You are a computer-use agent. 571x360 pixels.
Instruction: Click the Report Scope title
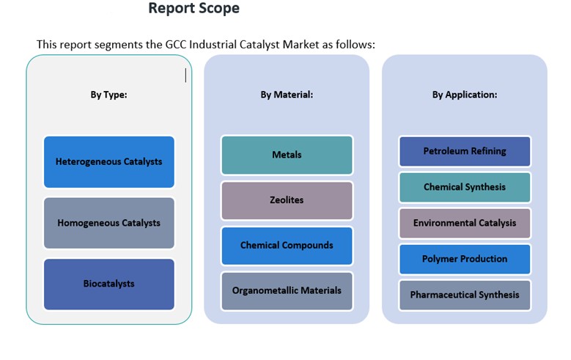click(194, 9)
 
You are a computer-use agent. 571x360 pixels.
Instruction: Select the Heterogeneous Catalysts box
click(109, 161)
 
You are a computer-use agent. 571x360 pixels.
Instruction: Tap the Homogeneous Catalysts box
click(109, 223)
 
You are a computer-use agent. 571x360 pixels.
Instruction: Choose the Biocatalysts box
click(109, 284)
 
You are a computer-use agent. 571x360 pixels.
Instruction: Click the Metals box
click(287, 155)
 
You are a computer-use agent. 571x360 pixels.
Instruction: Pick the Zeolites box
click(287, 200)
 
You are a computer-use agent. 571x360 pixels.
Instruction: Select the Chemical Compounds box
click(287, 246)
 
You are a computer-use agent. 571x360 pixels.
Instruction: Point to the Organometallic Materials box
click(287, 290)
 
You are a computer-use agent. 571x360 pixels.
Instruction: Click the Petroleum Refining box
click(465, 151)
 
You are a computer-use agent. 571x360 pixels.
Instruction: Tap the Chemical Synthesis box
click(465, 187)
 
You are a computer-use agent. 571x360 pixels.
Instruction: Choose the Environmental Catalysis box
click(465, 223)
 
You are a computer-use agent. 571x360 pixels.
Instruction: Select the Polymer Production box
click(465, 259)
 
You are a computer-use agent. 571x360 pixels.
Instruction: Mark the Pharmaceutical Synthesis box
click(465, 295)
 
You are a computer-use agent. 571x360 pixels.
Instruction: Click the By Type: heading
click(109, 95)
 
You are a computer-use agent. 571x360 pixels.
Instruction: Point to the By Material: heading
click(287, 95)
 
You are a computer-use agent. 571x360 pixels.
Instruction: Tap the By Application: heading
click(465, 95)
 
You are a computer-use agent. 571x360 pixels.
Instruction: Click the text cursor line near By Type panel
click(185, 76)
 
